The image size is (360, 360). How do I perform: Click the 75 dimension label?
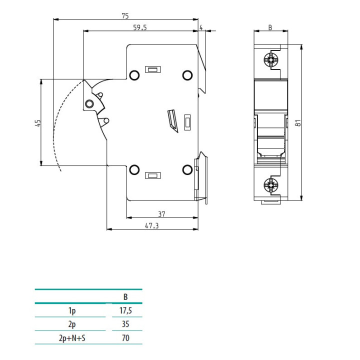125,16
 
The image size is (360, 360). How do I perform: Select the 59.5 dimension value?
140,27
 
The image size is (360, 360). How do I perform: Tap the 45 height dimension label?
38,122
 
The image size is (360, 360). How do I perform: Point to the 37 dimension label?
161,214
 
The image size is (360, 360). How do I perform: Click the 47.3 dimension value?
152,225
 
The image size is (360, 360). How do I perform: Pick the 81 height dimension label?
298,123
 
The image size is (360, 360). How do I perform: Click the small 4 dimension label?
201,27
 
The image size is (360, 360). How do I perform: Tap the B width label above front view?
270,27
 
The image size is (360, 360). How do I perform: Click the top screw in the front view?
271,60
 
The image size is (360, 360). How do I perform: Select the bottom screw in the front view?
271,185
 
